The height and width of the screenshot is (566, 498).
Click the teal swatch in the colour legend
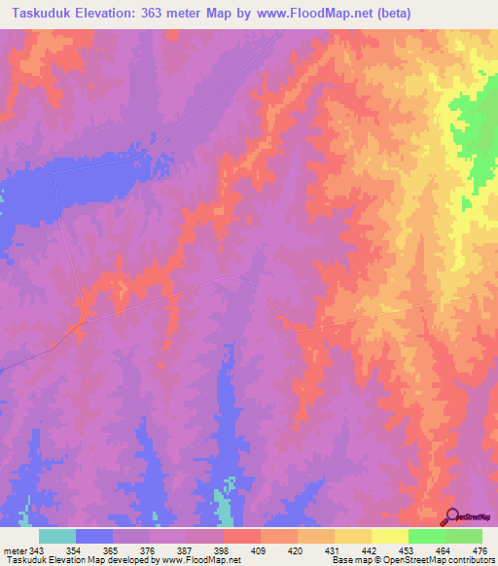[57, 536]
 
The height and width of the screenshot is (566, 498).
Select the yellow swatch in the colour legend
[390, 536]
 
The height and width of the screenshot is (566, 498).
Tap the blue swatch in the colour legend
[94, 536]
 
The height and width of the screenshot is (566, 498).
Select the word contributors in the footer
[466, 560]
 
